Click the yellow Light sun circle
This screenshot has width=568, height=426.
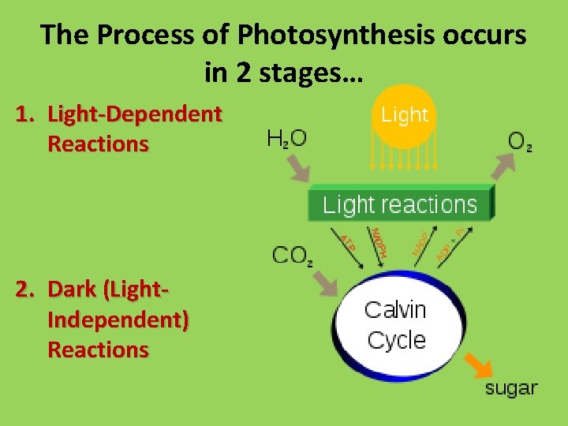(404, 118)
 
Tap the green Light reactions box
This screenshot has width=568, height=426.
(400, 204)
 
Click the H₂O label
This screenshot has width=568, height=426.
(287, 140)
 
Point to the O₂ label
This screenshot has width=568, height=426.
(519, 142)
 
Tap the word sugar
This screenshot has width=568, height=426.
(510, 388)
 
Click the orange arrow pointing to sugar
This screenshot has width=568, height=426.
(476, 364)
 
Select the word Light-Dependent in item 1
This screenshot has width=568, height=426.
(135, 114)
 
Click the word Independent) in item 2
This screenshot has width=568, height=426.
(118, 319)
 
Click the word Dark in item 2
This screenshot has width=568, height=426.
(73, 290)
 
